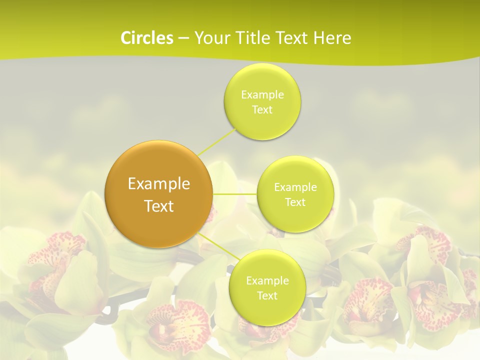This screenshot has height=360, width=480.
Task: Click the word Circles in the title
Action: (146, 38)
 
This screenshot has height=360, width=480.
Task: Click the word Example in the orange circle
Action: (158, 184)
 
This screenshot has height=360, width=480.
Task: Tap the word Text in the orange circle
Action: (158, 206)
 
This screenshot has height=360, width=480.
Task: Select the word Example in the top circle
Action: (262, 94)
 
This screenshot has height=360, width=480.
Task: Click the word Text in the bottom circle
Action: (267, 295)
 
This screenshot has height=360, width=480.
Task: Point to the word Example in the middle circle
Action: (295, 187)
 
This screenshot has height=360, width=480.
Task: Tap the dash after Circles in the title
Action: (183, 38)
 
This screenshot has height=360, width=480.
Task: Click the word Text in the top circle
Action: (262, 109)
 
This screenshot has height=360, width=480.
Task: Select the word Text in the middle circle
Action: (295, 202)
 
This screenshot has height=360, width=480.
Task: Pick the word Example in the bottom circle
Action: (267, 280)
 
